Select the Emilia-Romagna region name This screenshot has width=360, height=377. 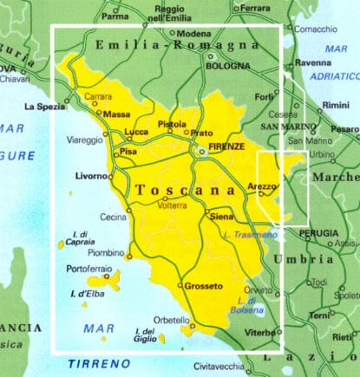click(x=178, y=45)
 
